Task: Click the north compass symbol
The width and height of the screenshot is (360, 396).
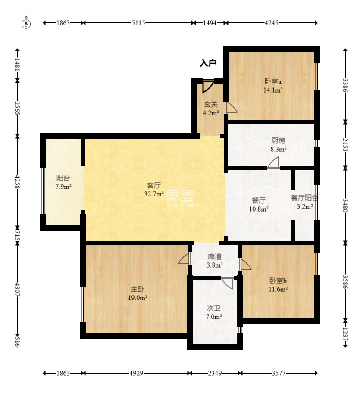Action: coord(26,24)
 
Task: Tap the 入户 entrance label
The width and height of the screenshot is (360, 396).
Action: coord(208,63)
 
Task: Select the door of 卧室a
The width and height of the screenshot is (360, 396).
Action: coord(231,108)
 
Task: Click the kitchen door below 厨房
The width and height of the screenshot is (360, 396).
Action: coord(273,162)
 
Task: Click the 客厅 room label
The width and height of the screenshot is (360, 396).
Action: coord(154,185)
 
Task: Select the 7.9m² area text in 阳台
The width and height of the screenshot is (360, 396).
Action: coord(63,187)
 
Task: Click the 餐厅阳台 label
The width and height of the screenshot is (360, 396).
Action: coord(304,198)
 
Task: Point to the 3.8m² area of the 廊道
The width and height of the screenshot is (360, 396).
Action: coord(215,265)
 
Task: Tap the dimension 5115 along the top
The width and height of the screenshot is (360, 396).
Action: coord(138,23)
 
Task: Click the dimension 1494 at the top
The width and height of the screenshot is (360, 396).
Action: coord(210,23)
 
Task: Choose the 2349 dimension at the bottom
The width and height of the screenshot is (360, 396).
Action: coord(215,373)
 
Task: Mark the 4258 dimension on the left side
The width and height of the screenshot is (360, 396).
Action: coord(17,182)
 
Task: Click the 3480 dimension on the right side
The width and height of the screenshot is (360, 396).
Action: coord(345,205)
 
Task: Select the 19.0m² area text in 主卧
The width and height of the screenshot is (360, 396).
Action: coord(138,298)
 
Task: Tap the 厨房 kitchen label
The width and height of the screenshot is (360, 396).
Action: coord(279,140)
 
